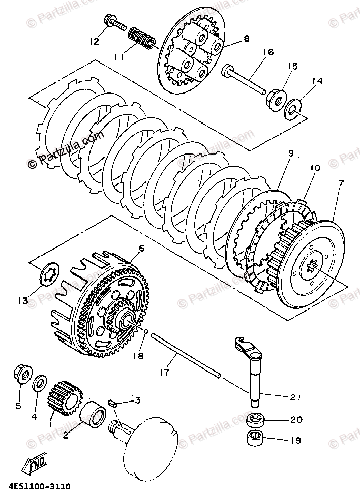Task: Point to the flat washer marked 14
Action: (293, 108)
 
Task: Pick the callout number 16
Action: (268, 51)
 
